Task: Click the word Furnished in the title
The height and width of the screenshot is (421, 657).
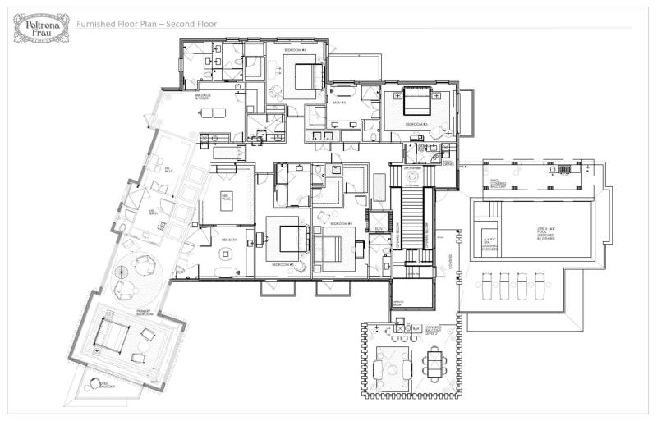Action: point(96,24)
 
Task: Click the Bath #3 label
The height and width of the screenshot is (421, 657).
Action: point(338,103)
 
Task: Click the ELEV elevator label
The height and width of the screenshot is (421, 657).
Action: point(379,228)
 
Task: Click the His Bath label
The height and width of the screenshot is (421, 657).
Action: point(152,211)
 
